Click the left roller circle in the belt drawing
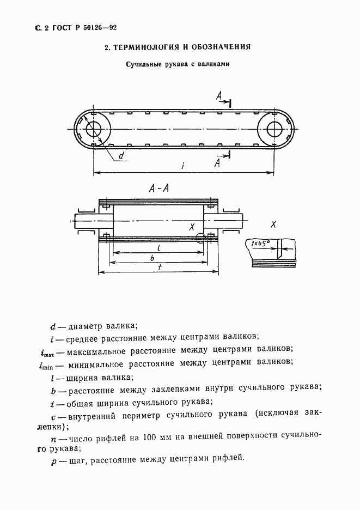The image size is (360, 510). pyautogui.click(x=93, y=129)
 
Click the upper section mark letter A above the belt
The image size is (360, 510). pyautogui.click(x=218, y=96)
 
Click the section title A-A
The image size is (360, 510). pyautogui.click(x=158, y=189)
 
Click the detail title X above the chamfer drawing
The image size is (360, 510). pyautogui.click(x=273, y=224)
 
